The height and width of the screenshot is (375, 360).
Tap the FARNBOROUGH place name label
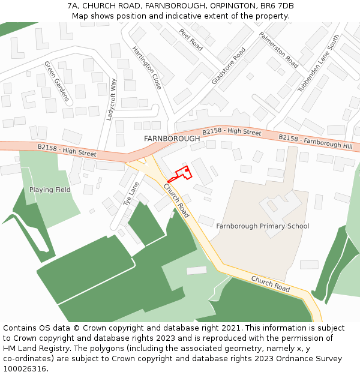(172, 139)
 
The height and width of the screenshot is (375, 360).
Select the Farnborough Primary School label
(263, 226)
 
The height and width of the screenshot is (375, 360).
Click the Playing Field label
(50, 190)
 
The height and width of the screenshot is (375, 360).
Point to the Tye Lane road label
(127, 194)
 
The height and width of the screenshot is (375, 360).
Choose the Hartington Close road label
(147, 68)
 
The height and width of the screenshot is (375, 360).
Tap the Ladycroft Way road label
(111, 100)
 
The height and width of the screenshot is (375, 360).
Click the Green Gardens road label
(57, 81)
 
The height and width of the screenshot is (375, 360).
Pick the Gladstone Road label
(229, 66)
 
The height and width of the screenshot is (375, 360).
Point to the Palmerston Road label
(278, 50)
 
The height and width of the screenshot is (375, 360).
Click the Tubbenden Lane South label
(319, 62)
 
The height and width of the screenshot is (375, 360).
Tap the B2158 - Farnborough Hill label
(316, 142)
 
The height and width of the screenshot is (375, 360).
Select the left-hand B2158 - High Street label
(67, 150)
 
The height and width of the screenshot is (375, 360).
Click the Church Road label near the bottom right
(271, 284)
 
